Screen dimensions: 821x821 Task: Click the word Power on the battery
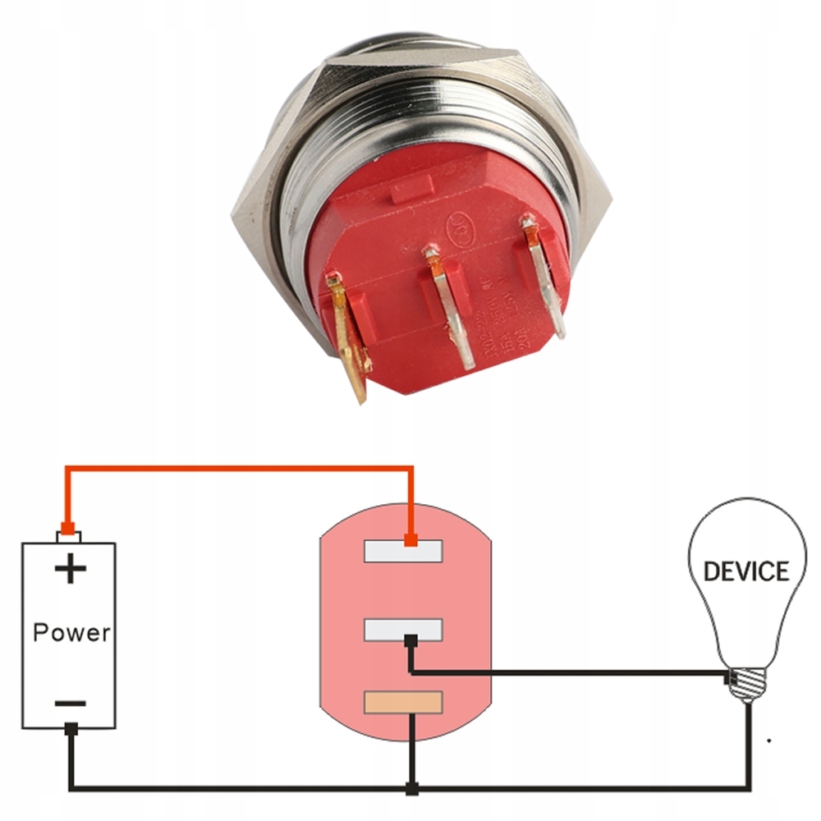(71, 632)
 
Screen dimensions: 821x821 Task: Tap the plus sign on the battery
(71, 568)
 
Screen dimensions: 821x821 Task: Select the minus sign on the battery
(71, 704)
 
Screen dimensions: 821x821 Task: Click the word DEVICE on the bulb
(746, 571)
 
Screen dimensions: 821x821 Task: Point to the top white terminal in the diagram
(404, 550)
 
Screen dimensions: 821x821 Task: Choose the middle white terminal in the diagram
(404, 631)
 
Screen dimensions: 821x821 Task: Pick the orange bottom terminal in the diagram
(404, 702)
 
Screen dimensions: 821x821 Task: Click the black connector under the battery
(71, 727)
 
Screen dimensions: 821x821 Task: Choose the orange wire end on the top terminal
(410, 540)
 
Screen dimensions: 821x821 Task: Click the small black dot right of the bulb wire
(768, 741)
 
